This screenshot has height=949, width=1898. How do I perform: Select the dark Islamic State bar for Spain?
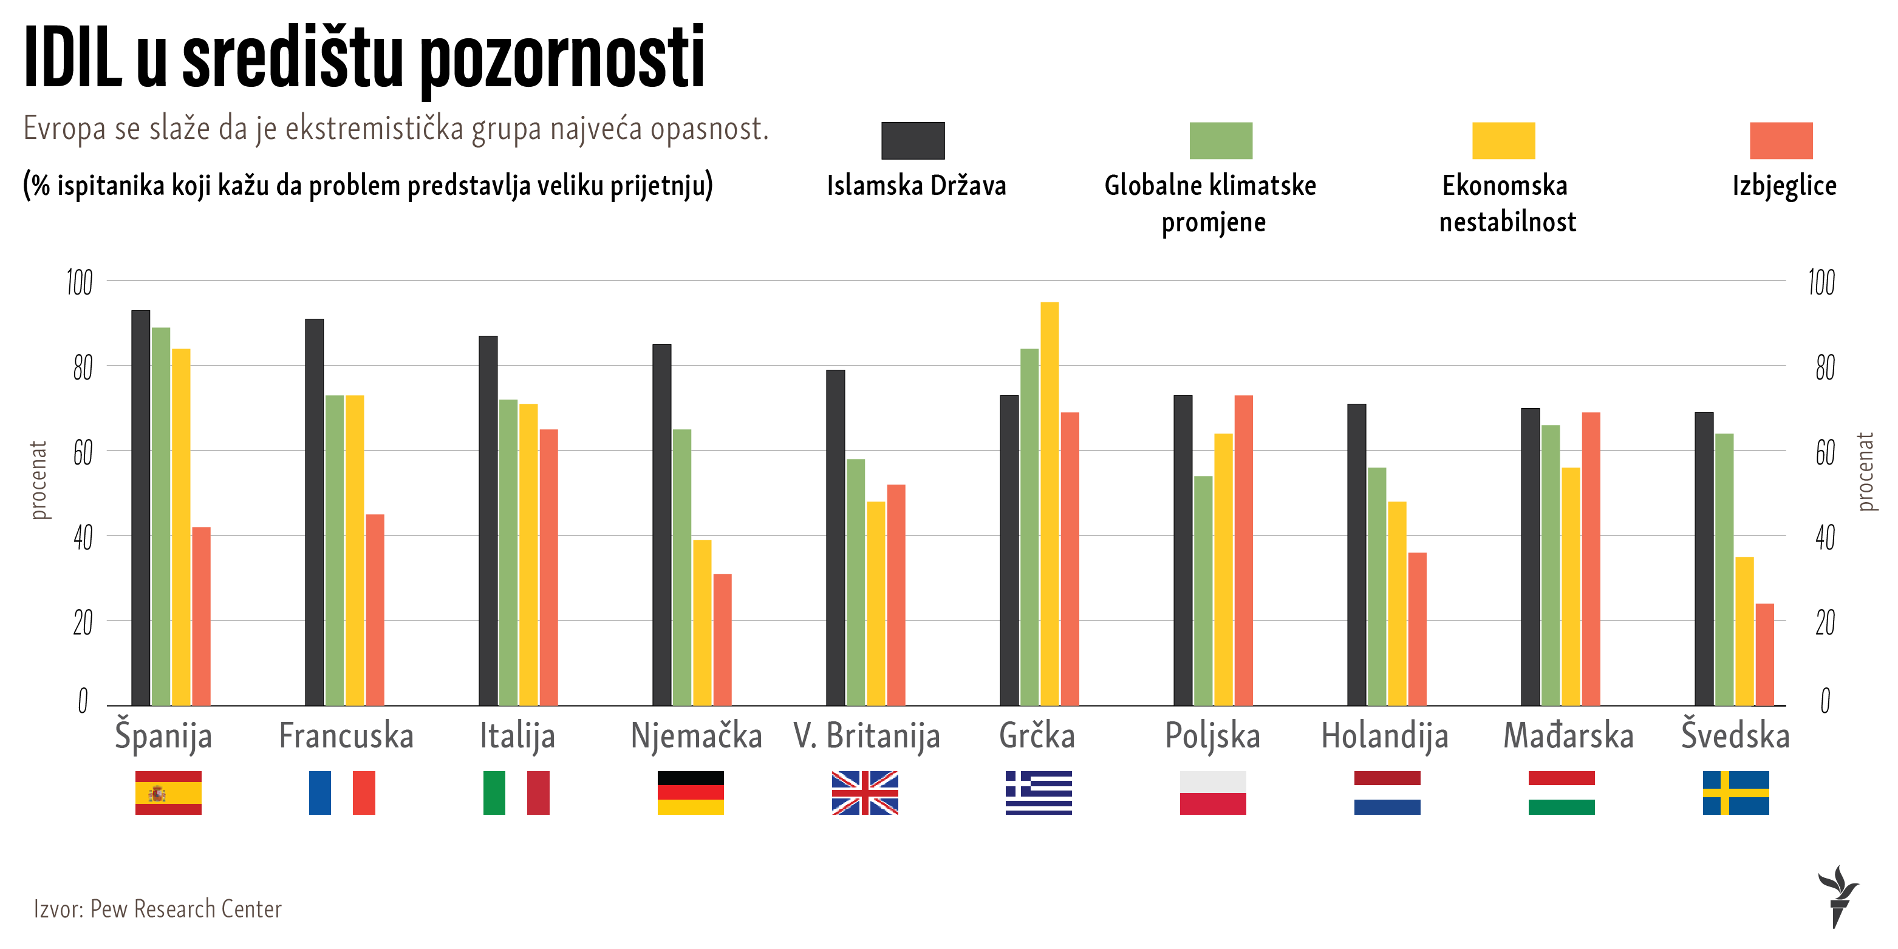141,508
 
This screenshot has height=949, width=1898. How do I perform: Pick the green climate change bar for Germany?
681,567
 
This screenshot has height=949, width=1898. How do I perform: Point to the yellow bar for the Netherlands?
1397,604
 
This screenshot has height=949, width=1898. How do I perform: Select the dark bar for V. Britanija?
836,538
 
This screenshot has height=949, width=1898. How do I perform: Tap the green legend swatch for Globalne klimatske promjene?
1221,141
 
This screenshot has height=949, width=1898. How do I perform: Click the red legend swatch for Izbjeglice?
1781,141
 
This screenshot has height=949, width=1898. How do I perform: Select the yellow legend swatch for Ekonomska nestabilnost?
1503,141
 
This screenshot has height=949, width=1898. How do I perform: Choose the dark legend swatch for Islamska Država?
913,141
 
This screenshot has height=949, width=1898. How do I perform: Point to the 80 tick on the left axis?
83,367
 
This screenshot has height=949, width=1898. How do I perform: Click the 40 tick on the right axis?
1825,537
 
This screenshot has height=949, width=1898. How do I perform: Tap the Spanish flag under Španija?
168,793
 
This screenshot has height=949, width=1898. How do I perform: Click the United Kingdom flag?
865,793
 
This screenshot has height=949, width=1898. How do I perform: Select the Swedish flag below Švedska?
1735,793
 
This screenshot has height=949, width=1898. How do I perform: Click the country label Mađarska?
1568,736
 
